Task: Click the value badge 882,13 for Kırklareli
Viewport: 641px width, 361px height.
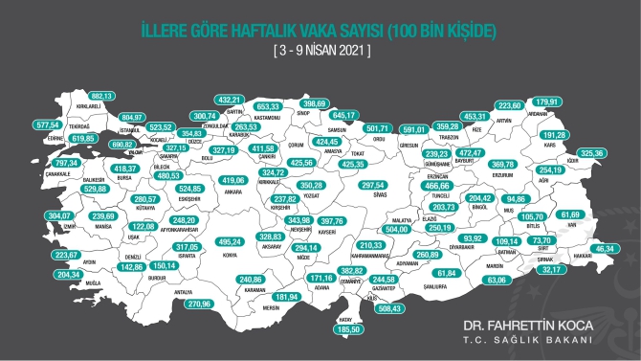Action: (x=102, y=97)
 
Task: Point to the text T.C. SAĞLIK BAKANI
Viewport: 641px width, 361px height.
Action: (x=540, y=341)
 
